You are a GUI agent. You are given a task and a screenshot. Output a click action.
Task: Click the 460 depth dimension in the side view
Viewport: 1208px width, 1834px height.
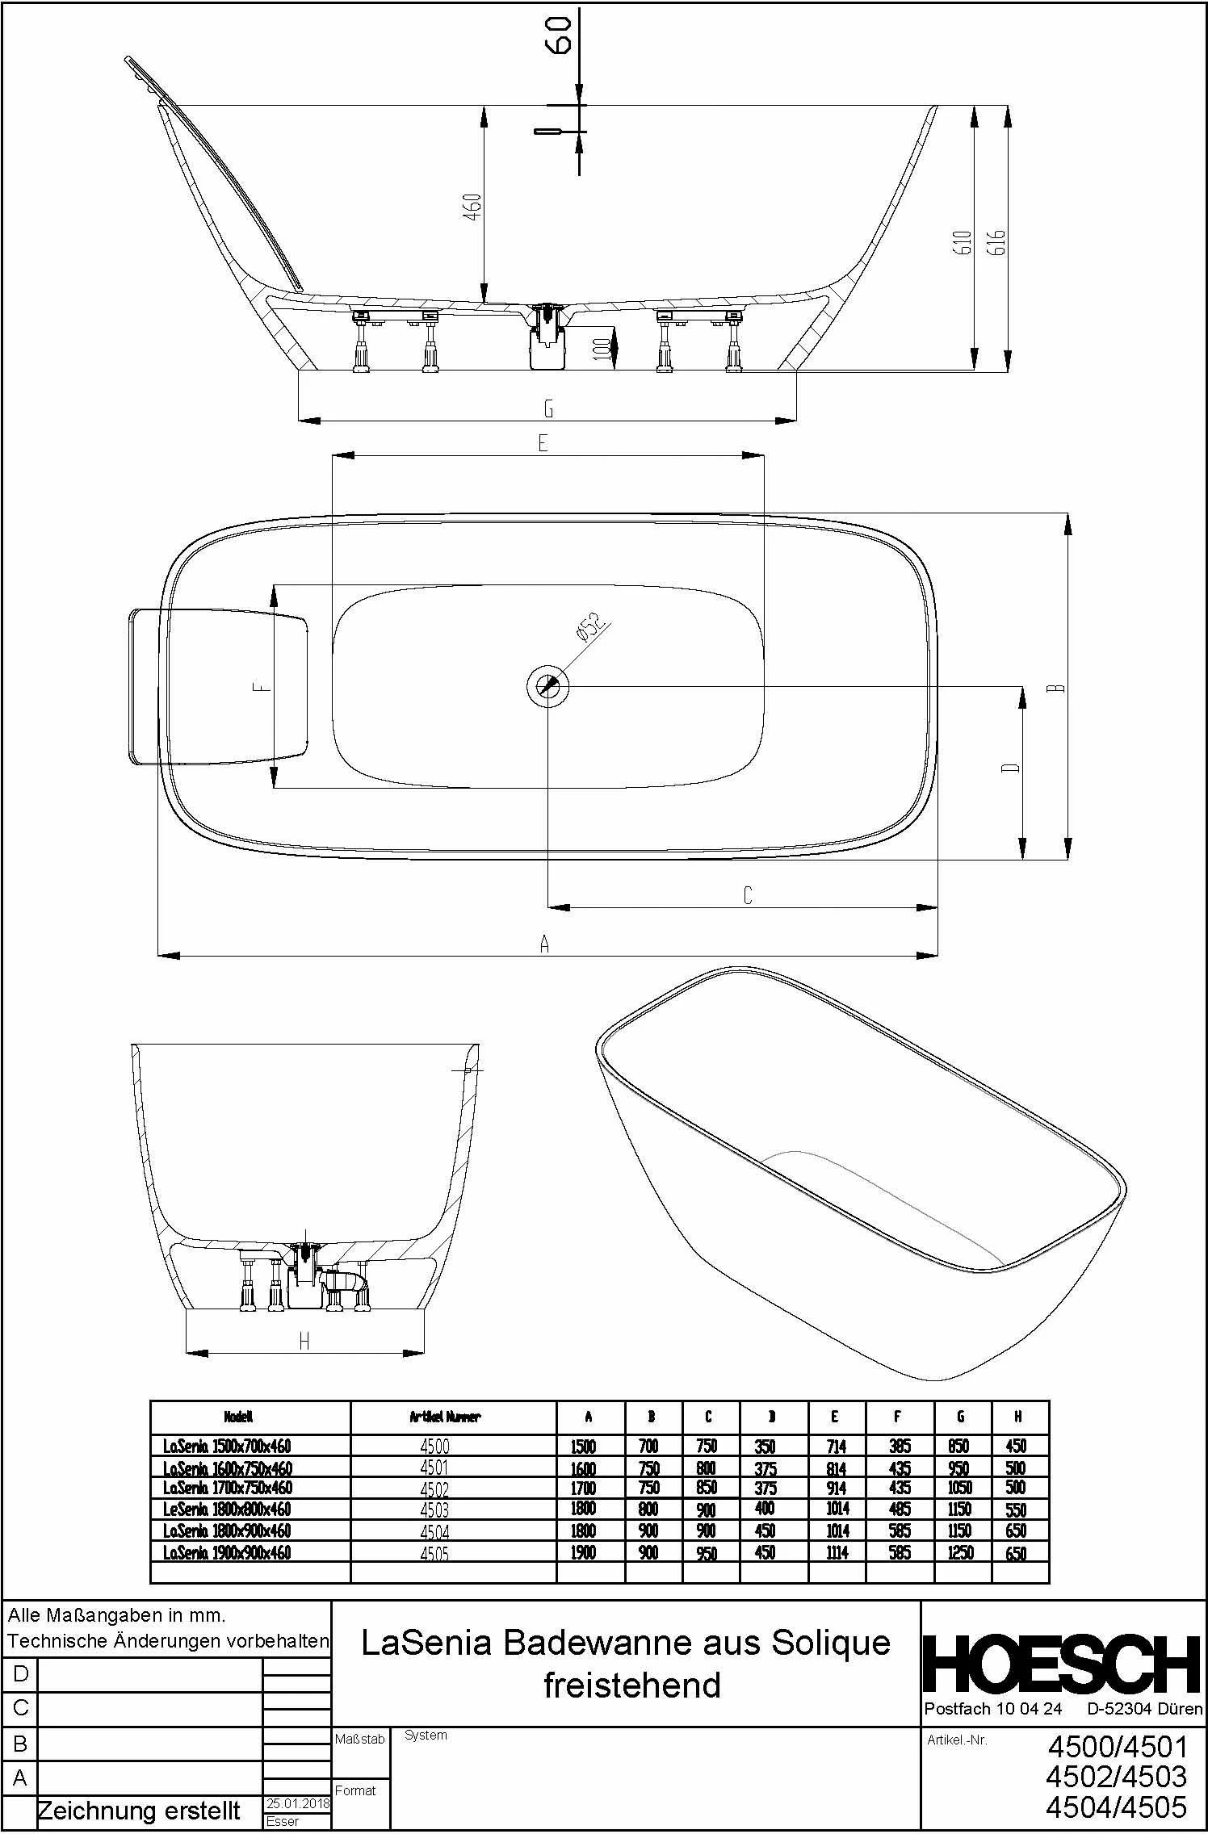[475, 207]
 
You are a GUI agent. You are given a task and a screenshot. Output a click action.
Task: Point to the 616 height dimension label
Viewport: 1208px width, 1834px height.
[997, 241]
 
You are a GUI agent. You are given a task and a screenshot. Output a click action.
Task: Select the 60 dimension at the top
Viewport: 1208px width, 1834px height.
[560, 35]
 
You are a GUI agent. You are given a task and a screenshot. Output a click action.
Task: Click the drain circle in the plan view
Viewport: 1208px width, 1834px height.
[547, 686]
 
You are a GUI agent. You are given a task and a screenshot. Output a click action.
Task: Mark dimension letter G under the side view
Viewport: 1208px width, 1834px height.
[548, 409]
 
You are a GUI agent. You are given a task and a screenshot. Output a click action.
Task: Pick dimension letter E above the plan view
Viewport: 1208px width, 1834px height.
[543, 443]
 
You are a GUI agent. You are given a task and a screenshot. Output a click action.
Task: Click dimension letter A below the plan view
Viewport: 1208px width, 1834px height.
[544, 944]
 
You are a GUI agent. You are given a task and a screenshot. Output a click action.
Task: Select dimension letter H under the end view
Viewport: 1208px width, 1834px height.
[304, 1342]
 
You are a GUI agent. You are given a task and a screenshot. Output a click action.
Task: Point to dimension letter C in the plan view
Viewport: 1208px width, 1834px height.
[747, 895]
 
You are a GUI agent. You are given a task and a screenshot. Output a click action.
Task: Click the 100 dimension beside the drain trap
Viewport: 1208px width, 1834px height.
[601, 349]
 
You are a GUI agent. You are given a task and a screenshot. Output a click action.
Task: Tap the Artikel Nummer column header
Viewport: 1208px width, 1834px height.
[445, 1417]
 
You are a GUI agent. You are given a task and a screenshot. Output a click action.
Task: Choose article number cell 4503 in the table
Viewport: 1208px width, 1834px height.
[434, 1509]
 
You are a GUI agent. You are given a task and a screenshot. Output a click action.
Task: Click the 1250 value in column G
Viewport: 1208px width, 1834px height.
[960, 1552]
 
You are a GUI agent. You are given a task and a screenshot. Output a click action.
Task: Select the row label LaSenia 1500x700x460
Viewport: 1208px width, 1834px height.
[227, 1446]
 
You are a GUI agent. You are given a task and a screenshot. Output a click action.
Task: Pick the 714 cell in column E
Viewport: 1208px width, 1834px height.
[836, 1446]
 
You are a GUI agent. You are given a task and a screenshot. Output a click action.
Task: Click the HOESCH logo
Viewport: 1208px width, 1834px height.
[1060, 1664]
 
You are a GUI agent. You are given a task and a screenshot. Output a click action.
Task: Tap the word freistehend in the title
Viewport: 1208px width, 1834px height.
[631, 1685]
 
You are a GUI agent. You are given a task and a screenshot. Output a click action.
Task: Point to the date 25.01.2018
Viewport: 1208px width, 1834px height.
[296, 1804]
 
